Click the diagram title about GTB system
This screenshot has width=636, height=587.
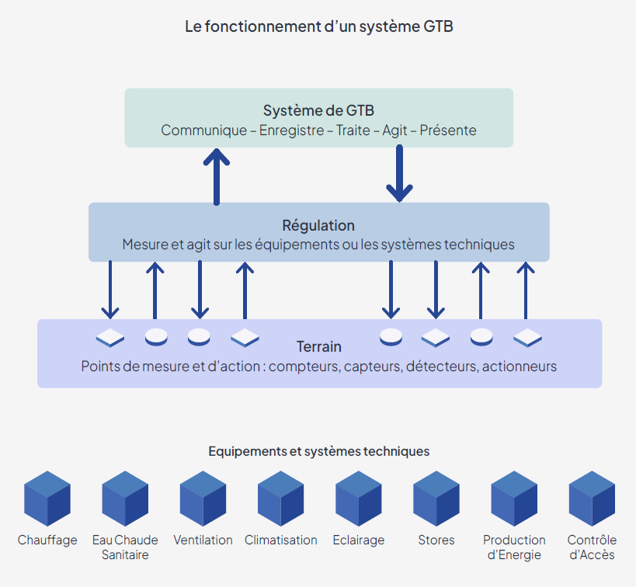(318, 26)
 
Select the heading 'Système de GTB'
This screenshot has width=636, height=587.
(318, 110)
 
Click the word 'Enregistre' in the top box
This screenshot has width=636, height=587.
(291, 130)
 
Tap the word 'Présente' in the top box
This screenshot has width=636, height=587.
(448, 130)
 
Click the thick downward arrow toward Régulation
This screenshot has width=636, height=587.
(399, 174)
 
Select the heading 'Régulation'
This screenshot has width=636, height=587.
(318, 225)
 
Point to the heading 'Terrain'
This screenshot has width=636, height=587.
(318, 346)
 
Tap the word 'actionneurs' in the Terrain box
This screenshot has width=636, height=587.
(520, 366)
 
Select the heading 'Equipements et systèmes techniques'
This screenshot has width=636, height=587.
(318, 451)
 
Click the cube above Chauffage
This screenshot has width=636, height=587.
(47, 498)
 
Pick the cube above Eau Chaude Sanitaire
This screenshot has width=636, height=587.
(125, 498)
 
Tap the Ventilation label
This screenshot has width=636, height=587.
(203, 540)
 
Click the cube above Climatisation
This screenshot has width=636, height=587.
(280, 498)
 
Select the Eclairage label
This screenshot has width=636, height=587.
(358, 540)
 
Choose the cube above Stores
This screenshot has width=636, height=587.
(436, 498)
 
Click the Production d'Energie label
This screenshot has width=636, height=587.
(514, 547)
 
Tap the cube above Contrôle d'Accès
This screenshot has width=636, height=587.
(592, 498)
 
